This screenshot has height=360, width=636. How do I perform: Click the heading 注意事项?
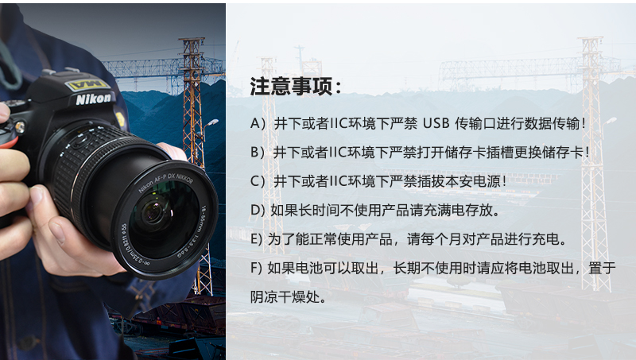click(x=296, y=86)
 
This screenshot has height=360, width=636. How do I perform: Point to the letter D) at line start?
click(x=257, y=210)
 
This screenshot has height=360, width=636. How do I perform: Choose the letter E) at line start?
click(x=256, y=238)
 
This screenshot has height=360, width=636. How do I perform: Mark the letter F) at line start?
click(x=256, y=268)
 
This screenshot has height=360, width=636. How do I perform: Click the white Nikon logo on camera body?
click(x=94, y=99)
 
